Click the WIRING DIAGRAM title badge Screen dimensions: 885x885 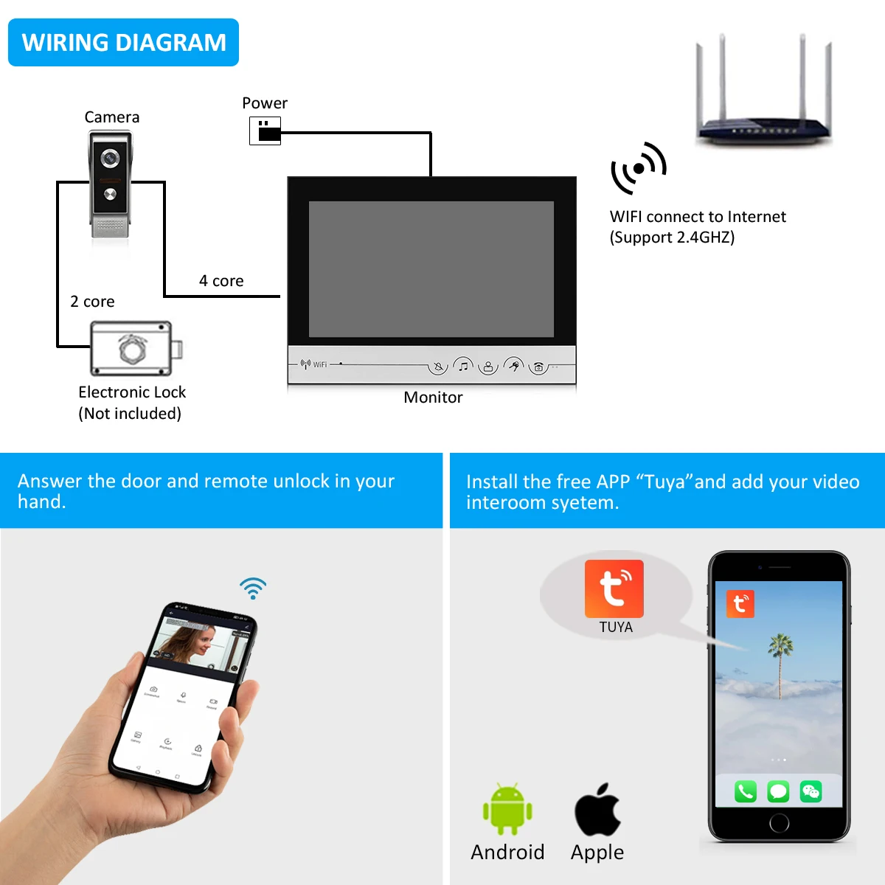(123, 43)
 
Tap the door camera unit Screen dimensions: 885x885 (111, 184)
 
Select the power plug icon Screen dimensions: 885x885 (265, 131)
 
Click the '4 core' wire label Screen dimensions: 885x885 (221, 281)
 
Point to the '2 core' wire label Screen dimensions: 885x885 (92, 302)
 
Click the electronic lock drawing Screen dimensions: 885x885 (134, 348)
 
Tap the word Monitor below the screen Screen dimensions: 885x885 (433, 398)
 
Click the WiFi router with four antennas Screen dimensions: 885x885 (764, 96)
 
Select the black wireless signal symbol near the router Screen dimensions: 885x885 (638, 168)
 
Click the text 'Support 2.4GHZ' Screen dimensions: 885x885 (672, 237)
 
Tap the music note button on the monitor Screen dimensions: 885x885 (463, 365)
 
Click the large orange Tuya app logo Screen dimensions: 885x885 (614, 589)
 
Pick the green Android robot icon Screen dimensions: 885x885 (507, 809)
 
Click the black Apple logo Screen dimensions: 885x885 (597, 810)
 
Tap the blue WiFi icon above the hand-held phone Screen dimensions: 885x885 (253, 588)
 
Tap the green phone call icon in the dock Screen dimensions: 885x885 (746, 792)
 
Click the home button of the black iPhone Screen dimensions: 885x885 (779, 822)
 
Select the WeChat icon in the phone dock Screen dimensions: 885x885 (811, 792)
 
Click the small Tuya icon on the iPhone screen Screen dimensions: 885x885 (740, 604)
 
